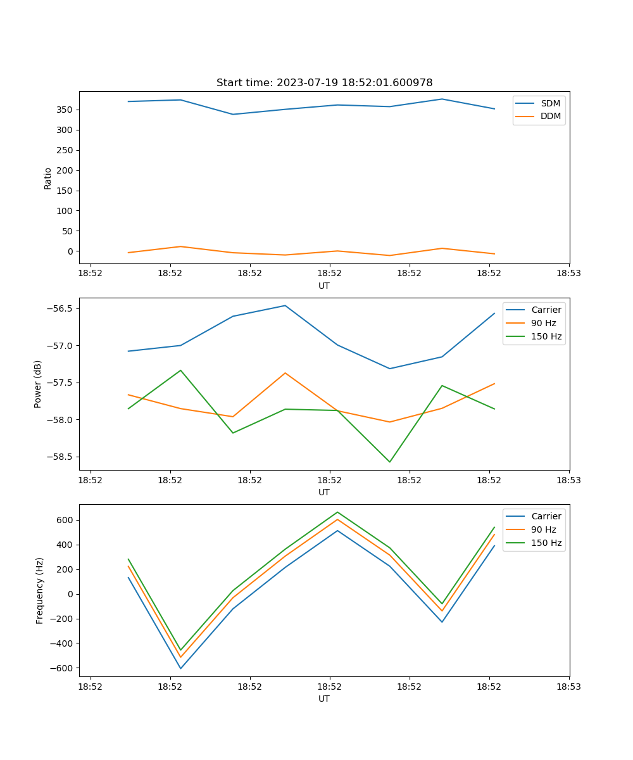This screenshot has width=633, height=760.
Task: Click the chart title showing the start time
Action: [x=324, y=82]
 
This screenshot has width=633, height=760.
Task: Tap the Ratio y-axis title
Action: [x=48, y=178]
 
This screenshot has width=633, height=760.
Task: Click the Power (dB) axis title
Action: [x=38, y=384]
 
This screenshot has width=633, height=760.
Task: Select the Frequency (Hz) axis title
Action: [x=39, y=590]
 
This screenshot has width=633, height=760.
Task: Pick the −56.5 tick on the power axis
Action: [x=59, y=309]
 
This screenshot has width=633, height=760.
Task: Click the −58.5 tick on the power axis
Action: [x=59, y=457]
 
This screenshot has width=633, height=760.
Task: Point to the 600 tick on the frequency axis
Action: [x=65, y=520]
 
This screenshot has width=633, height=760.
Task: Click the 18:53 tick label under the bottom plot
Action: [x=568, y=686]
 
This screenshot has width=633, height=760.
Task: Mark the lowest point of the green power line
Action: [x=389, y=462]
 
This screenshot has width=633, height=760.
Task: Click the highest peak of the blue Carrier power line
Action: [x=285, y=305]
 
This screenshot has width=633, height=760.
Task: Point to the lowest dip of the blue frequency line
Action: [x=180, y=668]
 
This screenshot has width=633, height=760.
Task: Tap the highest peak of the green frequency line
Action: [x=337, y=512]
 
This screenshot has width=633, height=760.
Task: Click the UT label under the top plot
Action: [x=324, y=286]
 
